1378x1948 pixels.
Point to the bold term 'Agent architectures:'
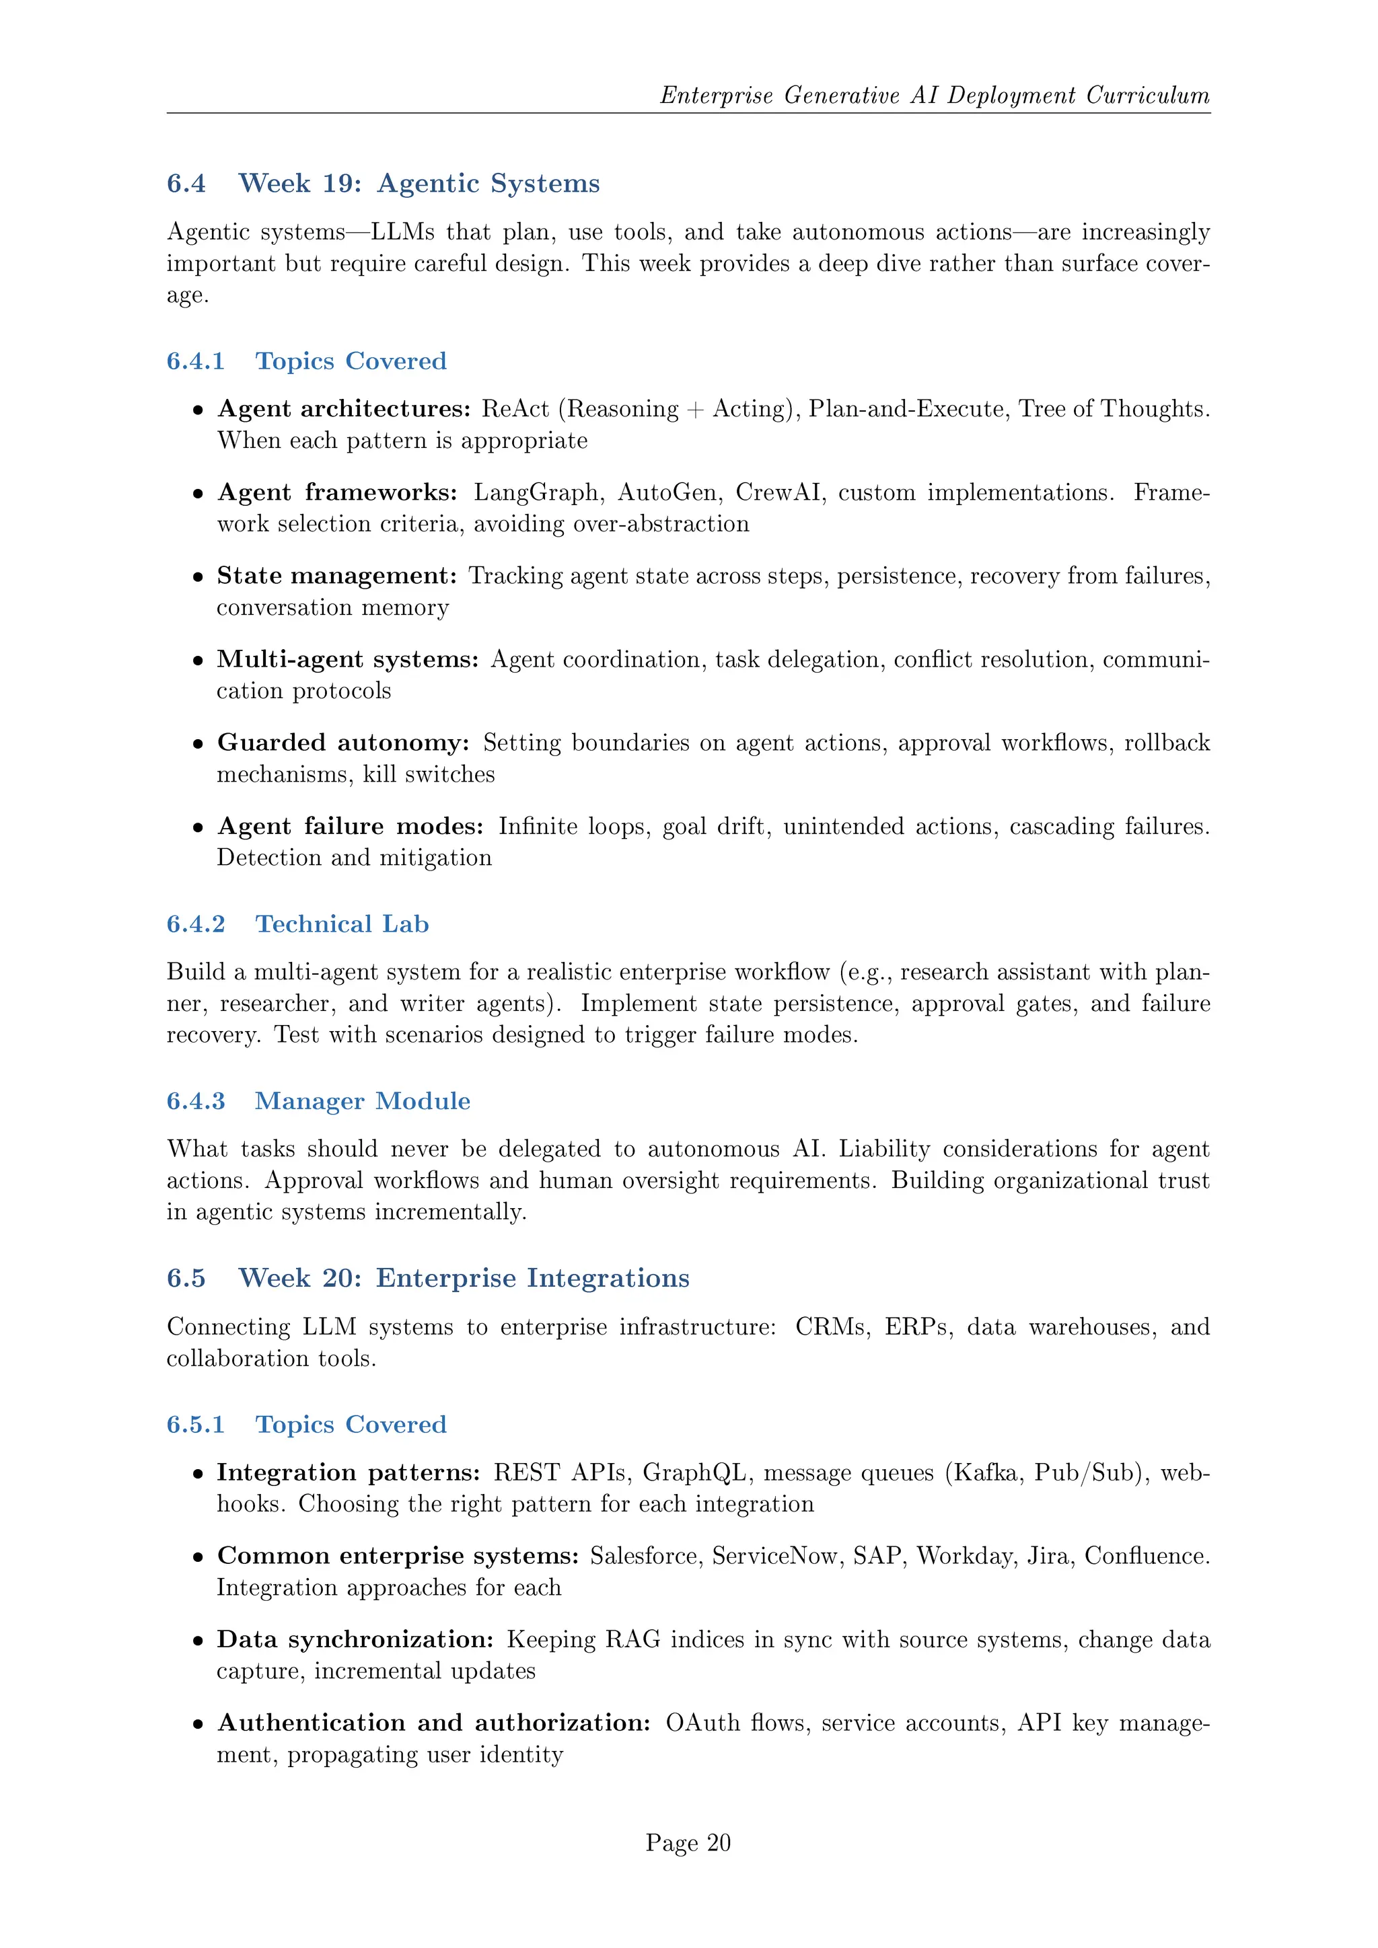tap(344, 409)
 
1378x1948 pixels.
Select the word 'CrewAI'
tap(777, 492)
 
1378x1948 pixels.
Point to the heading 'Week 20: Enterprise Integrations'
tap(464, 1278)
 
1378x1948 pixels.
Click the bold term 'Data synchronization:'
tap(355, 1639)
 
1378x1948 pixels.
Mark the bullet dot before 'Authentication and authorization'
tap(198, 1724)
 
